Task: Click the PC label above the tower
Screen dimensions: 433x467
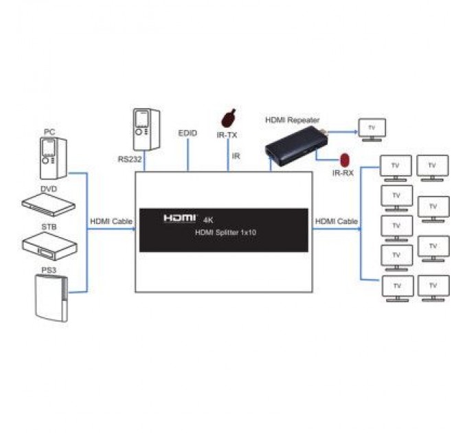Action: (49, 131)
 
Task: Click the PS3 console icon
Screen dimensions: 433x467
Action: (52, 297)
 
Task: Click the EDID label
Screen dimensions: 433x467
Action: (187, 133)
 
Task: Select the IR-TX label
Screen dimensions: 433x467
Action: (227, 135)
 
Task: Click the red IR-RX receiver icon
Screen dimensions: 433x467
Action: (344, 160)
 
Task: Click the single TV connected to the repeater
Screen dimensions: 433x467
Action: (372, 129)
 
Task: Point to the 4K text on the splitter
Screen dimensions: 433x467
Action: (209, 219)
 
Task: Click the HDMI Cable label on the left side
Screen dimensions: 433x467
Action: (110, 221)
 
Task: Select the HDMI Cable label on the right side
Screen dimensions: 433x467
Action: (336, 221)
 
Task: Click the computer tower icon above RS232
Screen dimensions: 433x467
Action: (146, 129)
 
